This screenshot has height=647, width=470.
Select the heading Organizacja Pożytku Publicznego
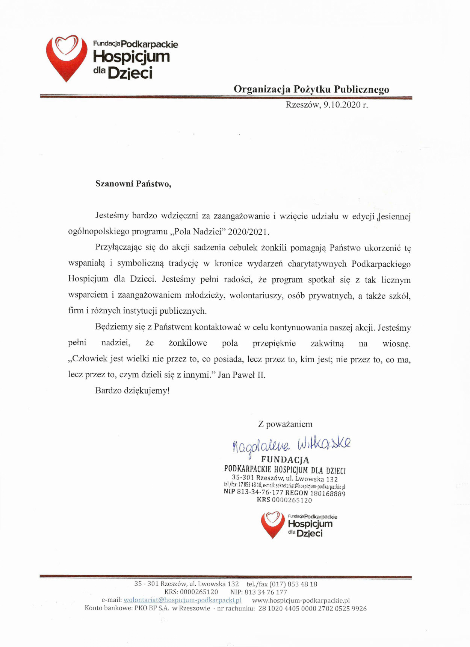click(311, 89)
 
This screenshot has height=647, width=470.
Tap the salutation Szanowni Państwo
click(133, 184)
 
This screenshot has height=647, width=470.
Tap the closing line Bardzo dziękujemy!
click(132, 390)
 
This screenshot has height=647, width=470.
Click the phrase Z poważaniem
click(285, 424)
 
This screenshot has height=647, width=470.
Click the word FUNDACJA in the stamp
click(285, 460)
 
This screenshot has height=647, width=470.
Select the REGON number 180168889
click(328, 493)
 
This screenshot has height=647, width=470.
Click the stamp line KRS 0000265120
click(284, 500)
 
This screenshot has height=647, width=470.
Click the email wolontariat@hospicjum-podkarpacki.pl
click(182, 600)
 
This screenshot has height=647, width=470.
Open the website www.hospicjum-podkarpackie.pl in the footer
click(301, 600)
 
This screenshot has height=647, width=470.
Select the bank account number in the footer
click(312, 608)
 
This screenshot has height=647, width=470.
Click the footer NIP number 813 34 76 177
click(266, 592)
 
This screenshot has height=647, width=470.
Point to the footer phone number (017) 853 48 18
click(292, 584)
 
